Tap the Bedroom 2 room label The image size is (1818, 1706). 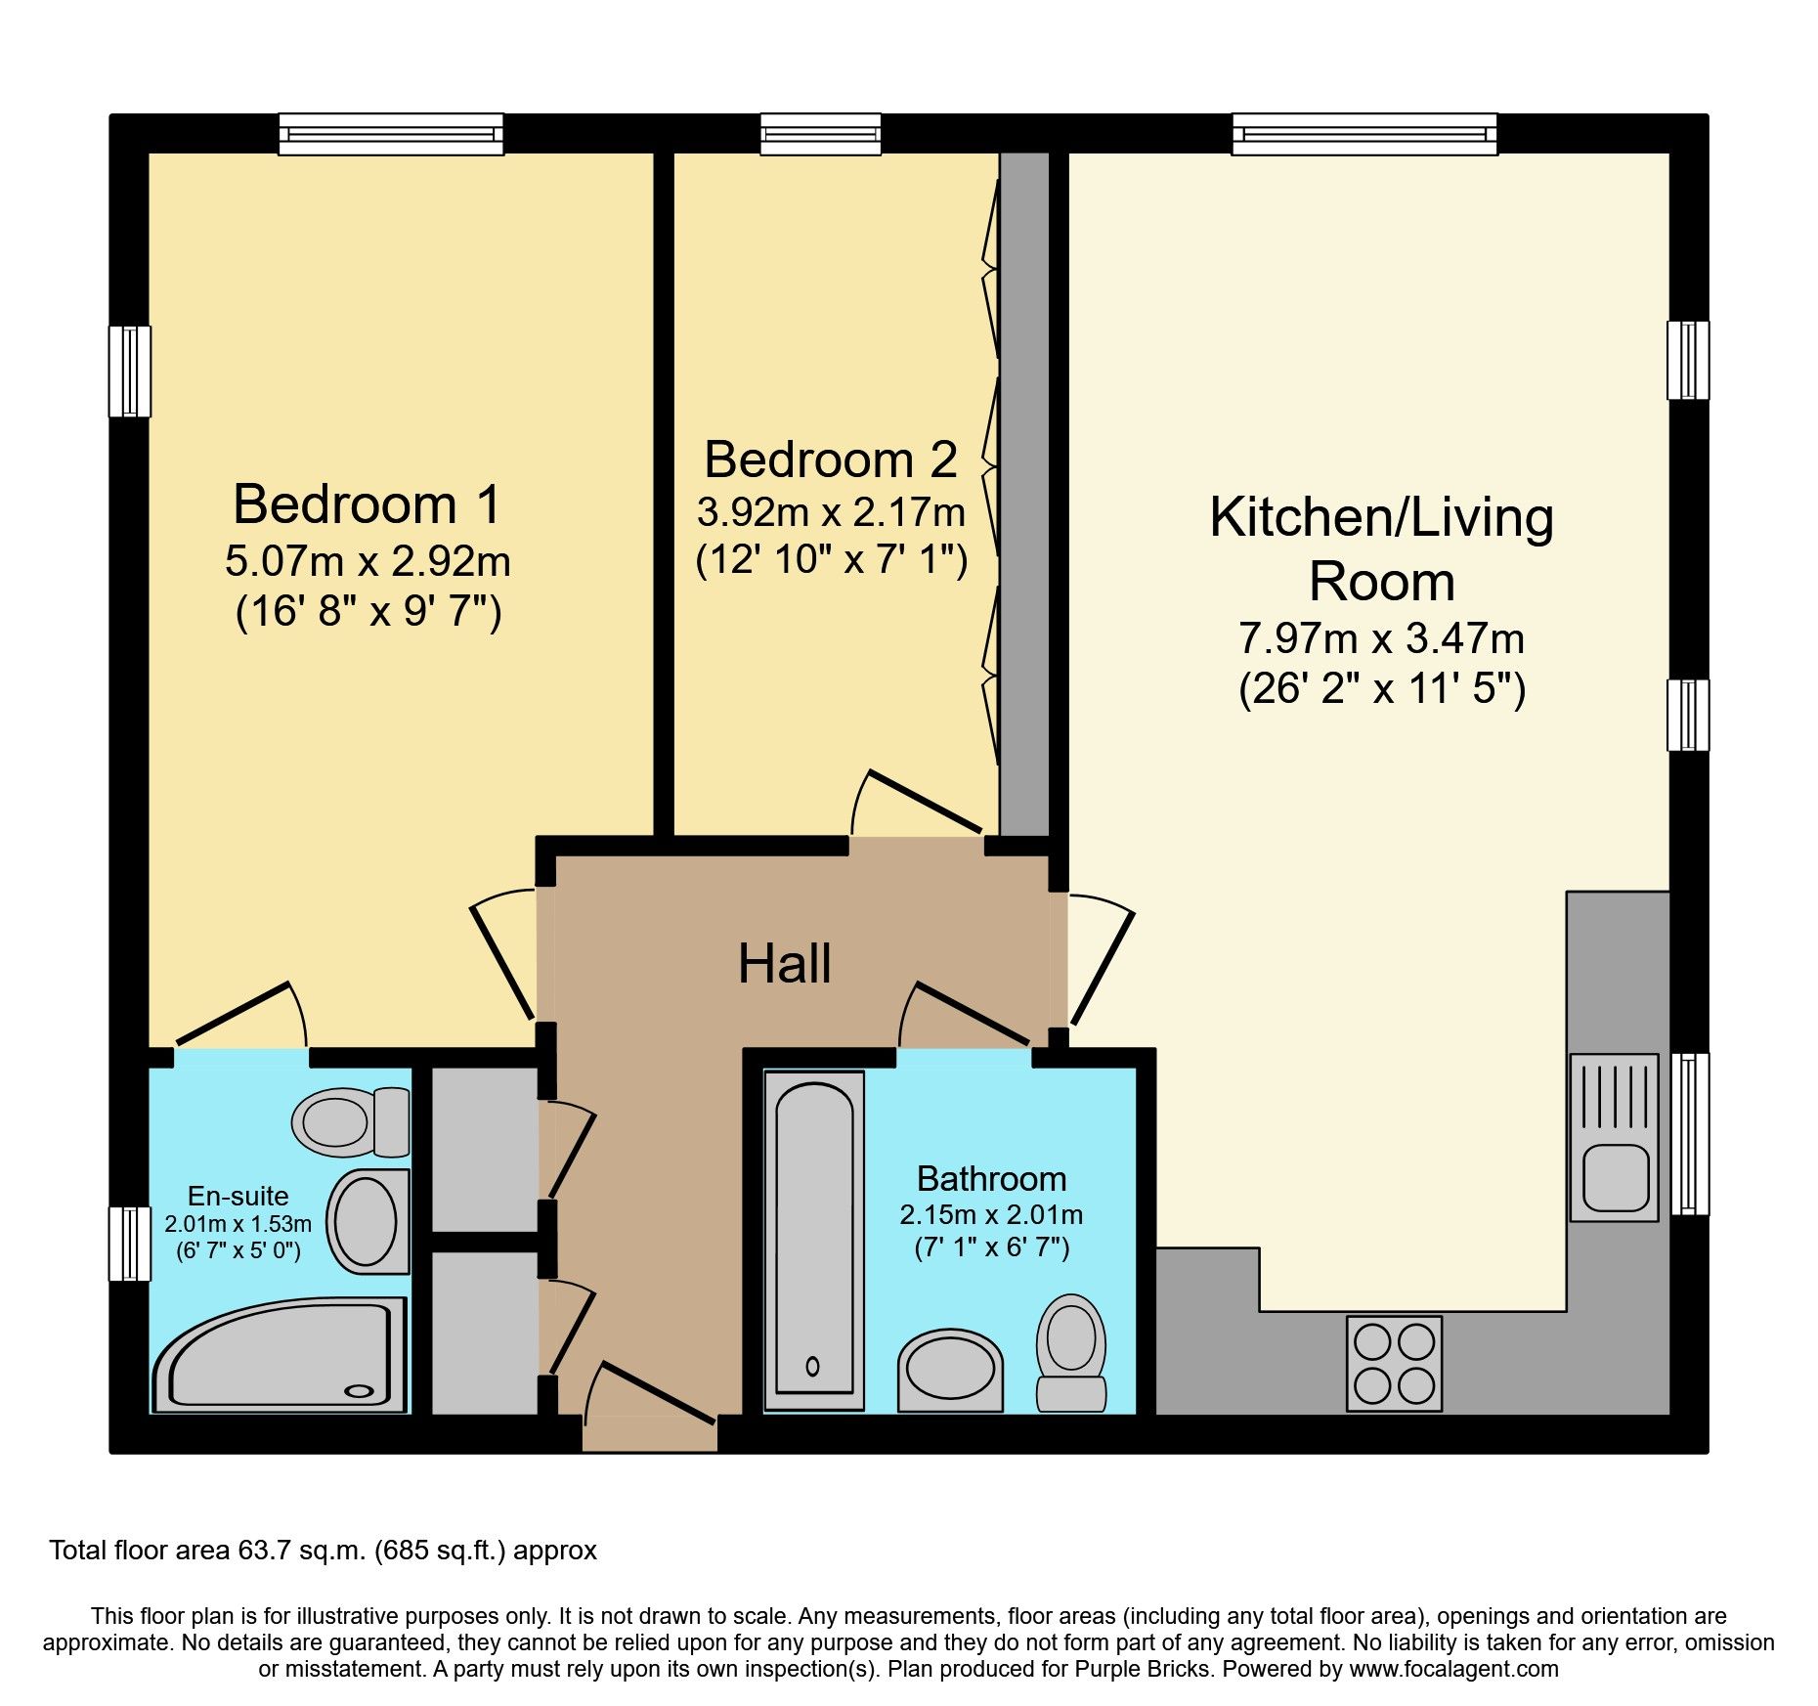click(x=831, y=459)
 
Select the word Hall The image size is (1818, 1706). click(x=785, y=964)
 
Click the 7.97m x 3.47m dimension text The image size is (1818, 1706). click(x=1381, y=638)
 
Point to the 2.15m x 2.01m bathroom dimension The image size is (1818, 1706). click(x=991, y=1215)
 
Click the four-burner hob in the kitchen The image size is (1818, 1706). click(x=1394, y=1363)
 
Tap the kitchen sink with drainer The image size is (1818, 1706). click(x=1615, y=1137)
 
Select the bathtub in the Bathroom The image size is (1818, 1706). click(x=814, y=1241)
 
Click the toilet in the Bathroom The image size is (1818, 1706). click(x=1071, y=1353)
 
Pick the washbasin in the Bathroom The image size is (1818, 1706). click(x=950, y=1370)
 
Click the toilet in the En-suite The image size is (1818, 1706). click(x=351, y=1121)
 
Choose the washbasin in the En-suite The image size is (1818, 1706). click(x=368, y=1221)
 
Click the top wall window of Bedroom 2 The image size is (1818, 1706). click(x=820, y=134)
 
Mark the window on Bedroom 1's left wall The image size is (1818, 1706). click(x=129, y=372)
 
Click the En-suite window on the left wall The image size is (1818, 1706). click(x=129, y=1244)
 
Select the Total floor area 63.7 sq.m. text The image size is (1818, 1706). click(x=208, y=1551)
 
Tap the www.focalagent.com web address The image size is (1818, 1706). click(x=1454, y=1669)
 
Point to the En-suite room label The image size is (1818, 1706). click(x=238, y=1196)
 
